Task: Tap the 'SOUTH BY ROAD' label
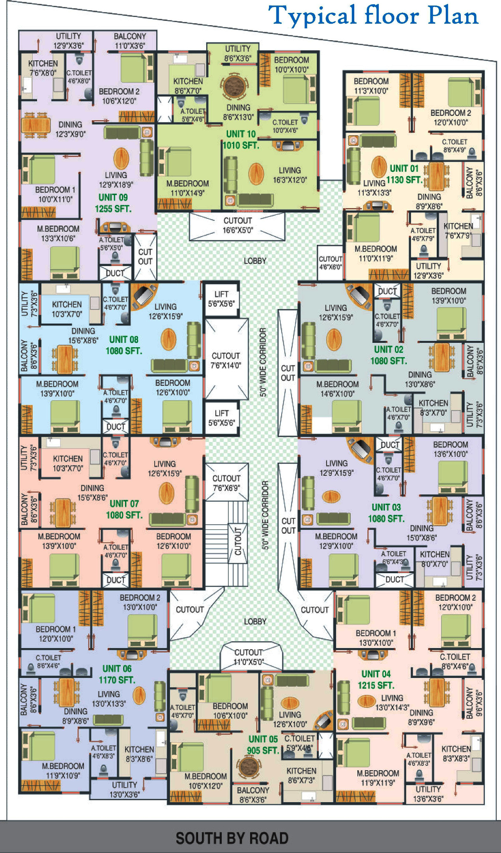click(232, 838)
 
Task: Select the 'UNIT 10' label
click(241, 134)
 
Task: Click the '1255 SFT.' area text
click(113, 209)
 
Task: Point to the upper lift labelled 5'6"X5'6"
click(221, 299)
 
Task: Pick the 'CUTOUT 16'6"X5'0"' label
click(237, 225)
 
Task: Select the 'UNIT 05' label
click(263, 739)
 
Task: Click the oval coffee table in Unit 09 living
click(121, 158)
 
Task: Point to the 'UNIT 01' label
click(404, 169)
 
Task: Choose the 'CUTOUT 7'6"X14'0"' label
click(226, 360)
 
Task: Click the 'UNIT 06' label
click(117, 669)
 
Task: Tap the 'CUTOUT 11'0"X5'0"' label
click(248, 657)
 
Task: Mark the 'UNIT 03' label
click(386, 507)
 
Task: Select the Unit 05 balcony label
click(253, 795)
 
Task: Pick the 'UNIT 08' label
click(123, 340)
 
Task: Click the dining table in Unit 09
click(36, 125)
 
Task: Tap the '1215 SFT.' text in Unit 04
click(376, 685)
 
